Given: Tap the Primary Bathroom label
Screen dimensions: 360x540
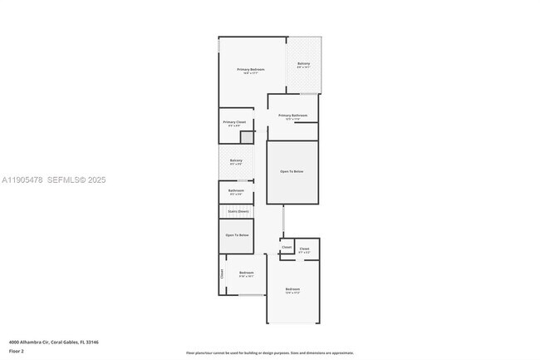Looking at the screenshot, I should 293,116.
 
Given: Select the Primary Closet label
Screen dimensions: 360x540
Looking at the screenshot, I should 234,122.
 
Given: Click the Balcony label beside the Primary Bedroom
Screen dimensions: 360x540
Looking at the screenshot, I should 303,64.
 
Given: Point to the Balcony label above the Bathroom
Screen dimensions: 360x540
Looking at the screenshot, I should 236,160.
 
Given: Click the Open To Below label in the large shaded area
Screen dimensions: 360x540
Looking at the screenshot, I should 292,171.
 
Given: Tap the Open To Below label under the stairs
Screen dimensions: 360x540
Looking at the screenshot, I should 237,235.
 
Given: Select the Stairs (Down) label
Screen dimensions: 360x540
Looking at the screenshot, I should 238,211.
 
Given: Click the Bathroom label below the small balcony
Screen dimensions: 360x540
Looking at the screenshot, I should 236,190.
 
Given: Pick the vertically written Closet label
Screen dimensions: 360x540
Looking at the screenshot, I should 222,274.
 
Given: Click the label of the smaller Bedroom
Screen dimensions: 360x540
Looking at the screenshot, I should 246,273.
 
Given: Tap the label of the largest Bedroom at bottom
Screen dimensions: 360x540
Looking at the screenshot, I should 292,289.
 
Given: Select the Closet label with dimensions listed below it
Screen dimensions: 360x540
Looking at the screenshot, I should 304,249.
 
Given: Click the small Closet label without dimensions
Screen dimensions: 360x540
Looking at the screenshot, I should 286,247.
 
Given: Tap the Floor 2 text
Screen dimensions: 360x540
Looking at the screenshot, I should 17,350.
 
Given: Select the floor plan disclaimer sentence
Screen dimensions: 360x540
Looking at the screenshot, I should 269,353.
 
